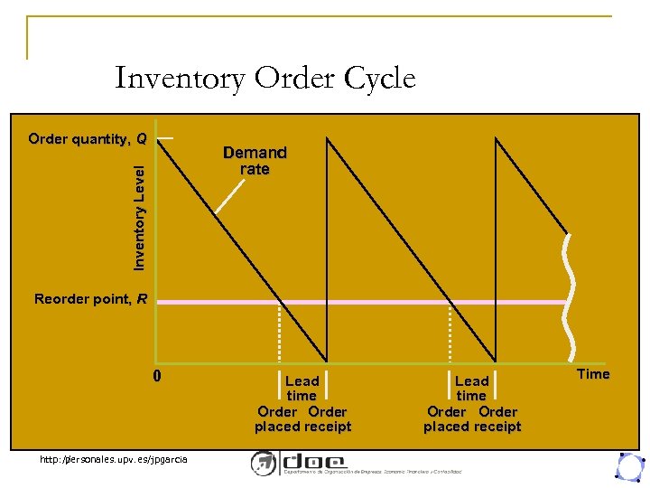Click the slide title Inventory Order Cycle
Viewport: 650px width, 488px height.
click(x=265, y=79)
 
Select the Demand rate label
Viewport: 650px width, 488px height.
click(x=255, y=161)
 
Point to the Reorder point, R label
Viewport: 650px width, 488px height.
click(x=90, y=299)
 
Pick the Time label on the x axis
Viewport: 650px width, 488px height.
click(x=593, y=374)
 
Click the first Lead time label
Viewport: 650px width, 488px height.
click(x=302, y=389)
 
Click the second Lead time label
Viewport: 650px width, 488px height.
click(x=471, y=389)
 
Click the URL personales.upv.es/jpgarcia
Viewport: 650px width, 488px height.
click(x=114, y=460)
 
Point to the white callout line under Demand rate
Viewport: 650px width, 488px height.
click(x=232, y=195)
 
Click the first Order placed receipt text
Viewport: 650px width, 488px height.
click(x=302, y=419)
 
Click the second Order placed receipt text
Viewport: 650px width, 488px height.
click(x=472, y=419)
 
